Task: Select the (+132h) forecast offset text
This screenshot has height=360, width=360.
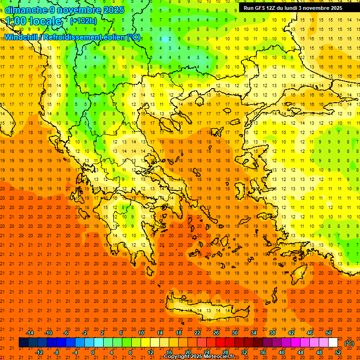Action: click(x=83, y=21)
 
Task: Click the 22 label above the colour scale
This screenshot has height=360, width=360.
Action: click(x=197, y=333)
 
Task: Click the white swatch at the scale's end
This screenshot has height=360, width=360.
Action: click(x=333, y=343)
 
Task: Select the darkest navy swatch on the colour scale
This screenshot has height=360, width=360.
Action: click(x=23, y=343)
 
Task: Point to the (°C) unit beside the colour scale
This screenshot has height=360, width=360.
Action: click(x=349, y=343)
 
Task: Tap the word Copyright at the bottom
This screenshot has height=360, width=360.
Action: click(x=177, y=357)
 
